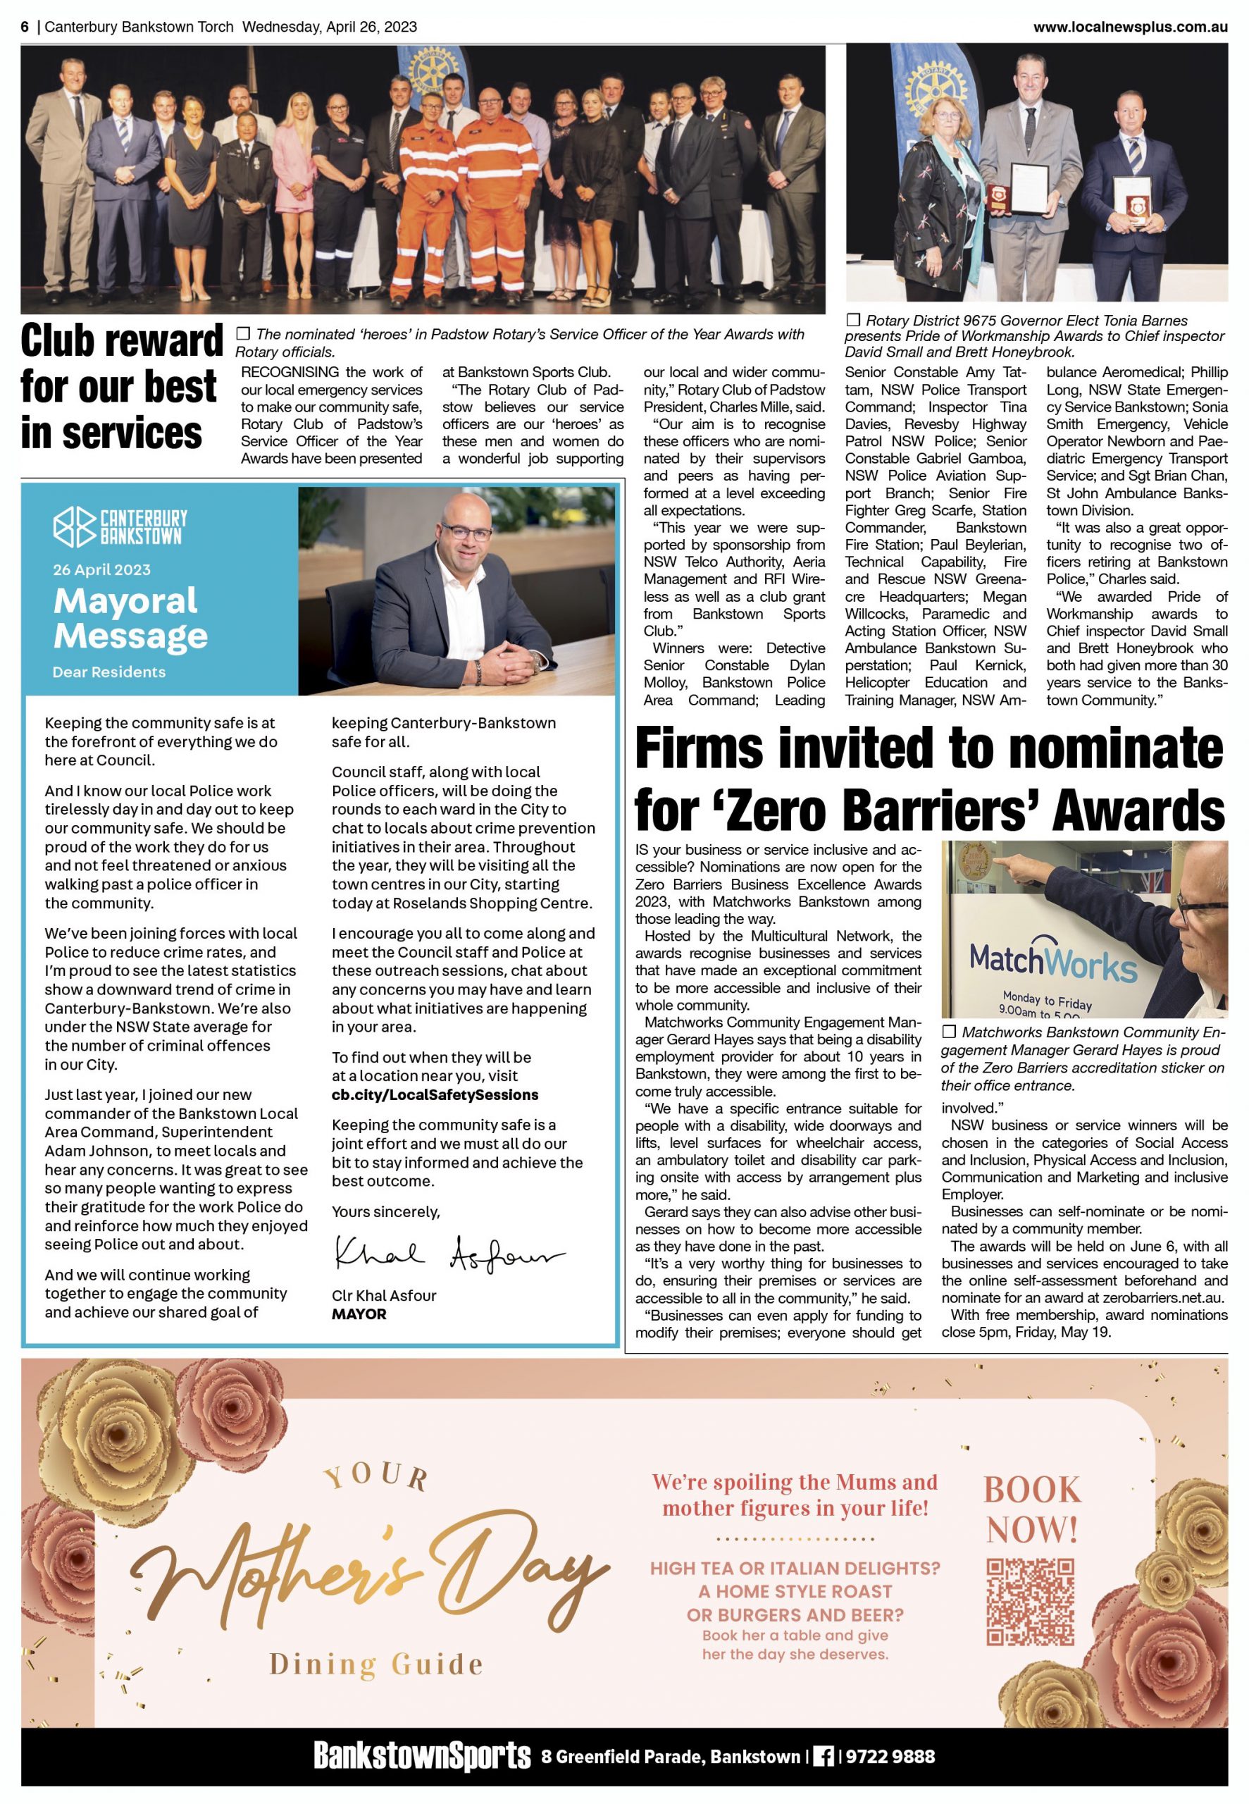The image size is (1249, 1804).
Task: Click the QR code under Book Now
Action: (1030, 1600)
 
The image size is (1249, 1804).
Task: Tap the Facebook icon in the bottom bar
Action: (824, 1756)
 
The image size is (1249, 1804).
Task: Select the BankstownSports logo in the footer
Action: (422, 1755)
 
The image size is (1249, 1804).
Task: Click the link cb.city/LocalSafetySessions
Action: (435, 1094)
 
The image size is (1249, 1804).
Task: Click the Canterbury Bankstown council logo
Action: (120, 526)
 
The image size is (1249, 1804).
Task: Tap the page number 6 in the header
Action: (25, 27)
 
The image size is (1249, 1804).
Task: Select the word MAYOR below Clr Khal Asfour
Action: (359, 1314)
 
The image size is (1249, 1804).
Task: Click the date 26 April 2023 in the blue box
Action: (101, 570)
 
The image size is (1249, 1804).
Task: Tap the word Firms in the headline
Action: (699, 748)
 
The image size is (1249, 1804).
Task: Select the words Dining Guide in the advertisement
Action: (375, 1664)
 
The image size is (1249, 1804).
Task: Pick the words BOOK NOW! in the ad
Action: (1032, 1509)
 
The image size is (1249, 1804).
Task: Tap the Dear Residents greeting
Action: (108, 672)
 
